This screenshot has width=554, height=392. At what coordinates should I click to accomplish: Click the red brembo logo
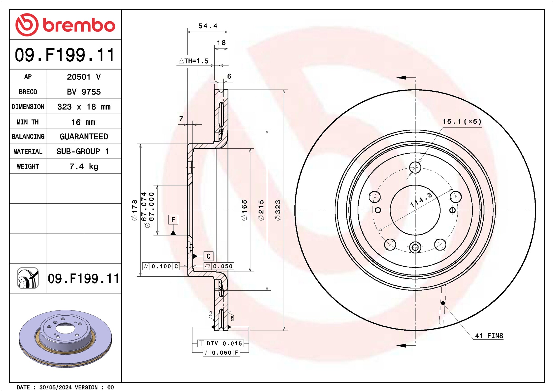pos(65,25)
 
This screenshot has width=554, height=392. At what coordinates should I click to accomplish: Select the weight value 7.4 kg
pos(84,166)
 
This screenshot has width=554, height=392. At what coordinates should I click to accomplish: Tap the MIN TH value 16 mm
pos(83,122)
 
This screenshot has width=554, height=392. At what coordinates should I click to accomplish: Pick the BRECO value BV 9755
pos(84,92)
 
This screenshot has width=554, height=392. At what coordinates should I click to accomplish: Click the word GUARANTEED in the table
pos(84,136)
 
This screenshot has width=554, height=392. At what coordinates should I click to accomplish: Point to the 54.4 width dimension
pos(208,26)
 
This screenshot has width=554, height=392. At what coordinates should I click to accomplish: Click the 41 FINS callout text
pos(489,336)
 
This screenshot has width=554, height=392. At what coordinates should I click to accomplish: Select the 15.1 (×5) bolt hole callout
pos(462,121)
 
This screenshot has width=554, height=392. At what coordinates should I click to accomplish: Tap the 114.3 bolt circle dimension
pos(421,200)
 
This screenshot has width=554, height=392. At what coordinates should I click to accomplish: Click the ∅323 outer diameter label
pos(278,210)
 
